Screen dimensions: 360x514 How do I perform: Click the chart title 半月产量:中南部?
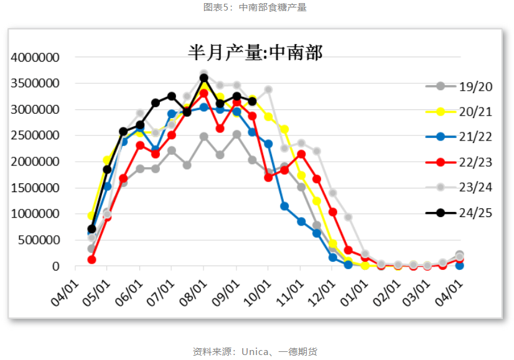[x=256, y=52]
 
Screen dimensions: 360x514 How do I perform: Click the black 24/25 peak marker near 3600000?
[x=204, y=78]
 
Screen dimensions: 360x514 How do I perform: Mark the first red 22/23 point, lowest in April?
[x=91, y=259]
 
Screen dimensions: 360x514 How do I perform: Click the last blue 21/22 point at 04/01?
[x=460, y=265]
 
